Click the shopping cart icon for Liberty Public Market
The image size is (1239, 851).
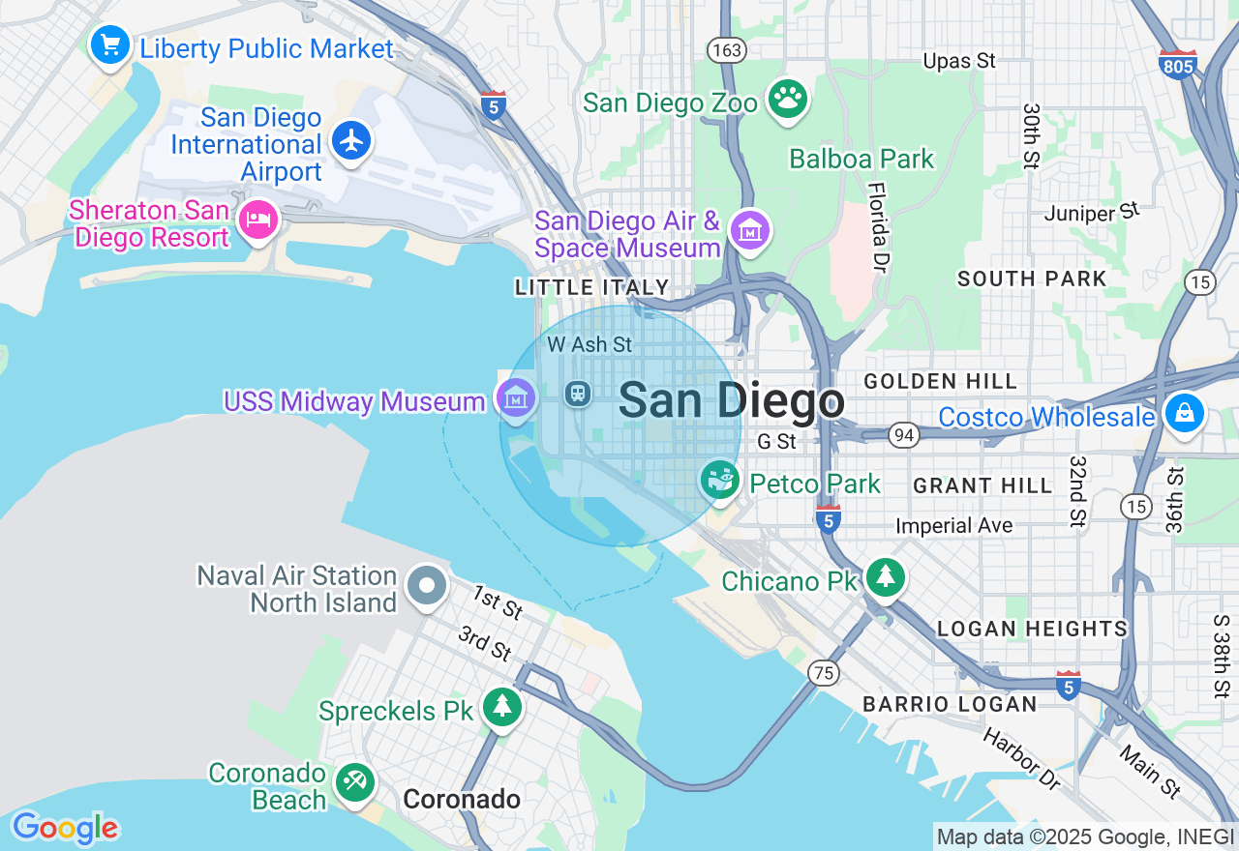click(x=110, y=44)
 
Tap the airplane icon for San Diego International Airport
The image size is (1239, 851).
click(x=351, y=141)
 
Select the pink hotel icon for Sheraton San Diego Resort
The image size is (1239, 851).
click(x=258, y=220)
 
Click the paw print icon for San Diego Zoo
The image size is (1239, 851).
click(x=788, y=98)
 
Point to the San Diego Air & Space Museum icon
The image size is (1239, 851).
click(x=750, y=231)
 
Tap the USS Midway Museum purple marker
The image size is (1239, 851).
click(x=516, y=396)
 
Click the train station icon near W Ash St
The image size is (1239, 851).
click(x=578, y=393)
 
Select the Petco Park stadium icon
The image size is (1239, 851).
click(x=720, y=480)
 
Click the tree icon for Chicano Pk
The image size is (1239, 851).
click(x=885, y=577)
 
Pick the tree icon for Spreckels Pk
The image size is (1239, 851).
click(x=502, y=707)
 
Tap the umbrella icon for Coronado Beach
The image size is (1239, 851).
click(x=353, y=782)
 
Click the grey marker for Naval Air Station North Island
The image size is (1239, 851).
click(x=426, y=586)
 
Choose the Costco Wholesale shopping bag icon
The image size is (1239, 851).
click(x=1183, y=414)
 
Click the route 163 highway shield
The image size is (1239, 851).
click(x=724, y=49)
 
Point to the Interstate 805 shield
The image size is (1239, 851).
click(x=1177, y=64)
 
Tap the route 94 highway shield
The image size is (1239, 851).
click(x=904, y=436)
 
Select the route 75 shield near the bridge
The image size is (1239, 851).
click(x=824, y=673)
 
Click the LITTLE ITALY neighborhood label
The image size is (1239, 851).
click(x=591, y=287)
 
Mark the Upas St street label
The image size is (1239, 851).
click(x=958, y=61)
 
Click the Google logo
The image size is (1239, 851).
click(x=65, y=828)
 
